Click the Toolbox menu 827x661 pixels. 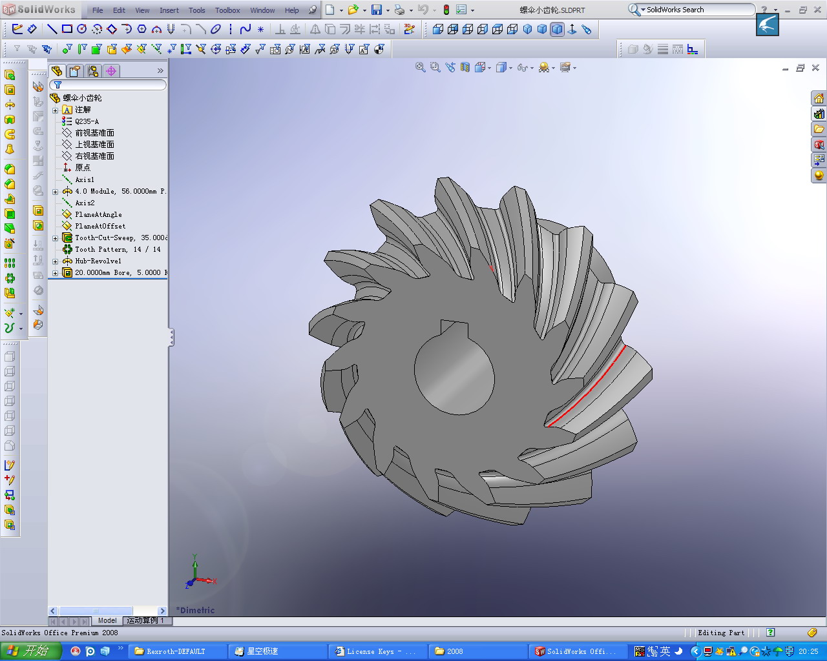coord(227,10)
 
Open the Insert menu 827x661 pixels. coord(169,10)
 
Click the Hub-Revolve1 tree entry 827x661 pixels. coord(98,261)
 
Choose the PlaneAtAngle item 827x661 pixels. coord(98,214)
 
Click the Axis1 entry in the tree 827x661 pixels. coord(84,179)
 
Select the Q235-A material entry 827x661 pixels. coord(87,121)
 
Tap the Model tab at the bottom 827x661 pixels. coord(107,620)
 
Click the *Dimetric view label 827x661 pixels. coord(196,610)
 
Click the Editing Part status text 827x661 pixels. coord(721,633)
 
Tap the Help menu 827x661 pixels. coord(292,10)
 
